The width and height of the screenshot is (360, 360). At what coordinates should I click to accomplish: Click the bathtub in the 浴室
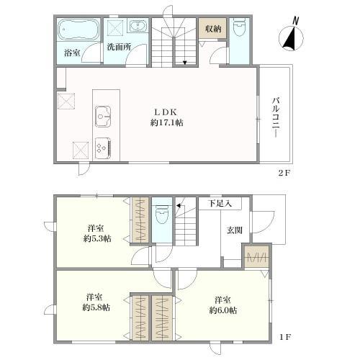point(78,30)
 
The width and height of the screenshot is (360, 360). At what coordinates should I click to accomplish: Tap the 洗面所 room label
point(119,47)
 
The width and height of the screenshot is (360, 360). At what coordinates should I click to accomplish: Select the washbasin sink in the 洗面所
point(138,26)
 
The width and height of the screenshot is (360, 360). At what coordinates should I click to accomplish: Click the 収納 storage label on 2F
point(213,29)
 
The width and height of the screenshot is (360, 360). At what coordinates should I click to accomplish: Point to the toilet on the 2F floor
point(239,27)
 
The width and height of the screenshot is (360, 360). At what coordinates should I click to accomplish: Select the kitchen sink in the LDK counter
point(103,117)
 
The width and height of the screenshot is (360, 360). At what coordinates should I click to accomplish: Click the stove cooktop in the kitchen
point(103,148)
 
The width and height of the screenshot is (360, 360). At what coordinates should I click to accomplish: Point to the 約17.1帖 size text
point(167,123)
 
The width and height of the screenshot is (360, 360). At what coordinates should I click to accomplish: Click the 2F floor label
point(284,173)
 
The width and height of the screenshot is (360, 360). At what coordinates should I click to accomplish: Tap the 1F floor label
point(285,337)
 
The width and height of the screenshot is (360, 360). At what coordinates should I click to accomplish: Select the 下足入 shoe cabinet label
point(220,204)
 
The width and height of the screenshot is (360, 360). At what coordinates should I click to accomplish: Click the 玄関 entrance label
point(235,230)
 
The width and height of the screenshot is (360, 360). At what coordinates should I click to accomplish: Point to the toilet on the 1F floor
point(162,214)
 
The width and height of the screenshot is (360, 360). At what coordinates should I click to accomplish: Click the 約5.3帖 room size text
point(97,239)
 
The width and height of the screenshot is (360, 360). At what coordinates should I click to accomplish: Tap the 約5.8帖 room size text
point(96,307)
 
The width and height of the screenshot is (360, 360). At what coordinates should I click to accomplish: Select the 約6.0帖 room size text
point(223,310)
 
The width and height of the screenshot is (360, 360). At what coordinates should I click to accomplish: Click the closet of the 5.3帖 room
point(140,220)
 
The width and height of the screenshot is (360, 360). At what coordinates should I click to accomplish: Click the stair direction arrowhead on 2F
point(184,63)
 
